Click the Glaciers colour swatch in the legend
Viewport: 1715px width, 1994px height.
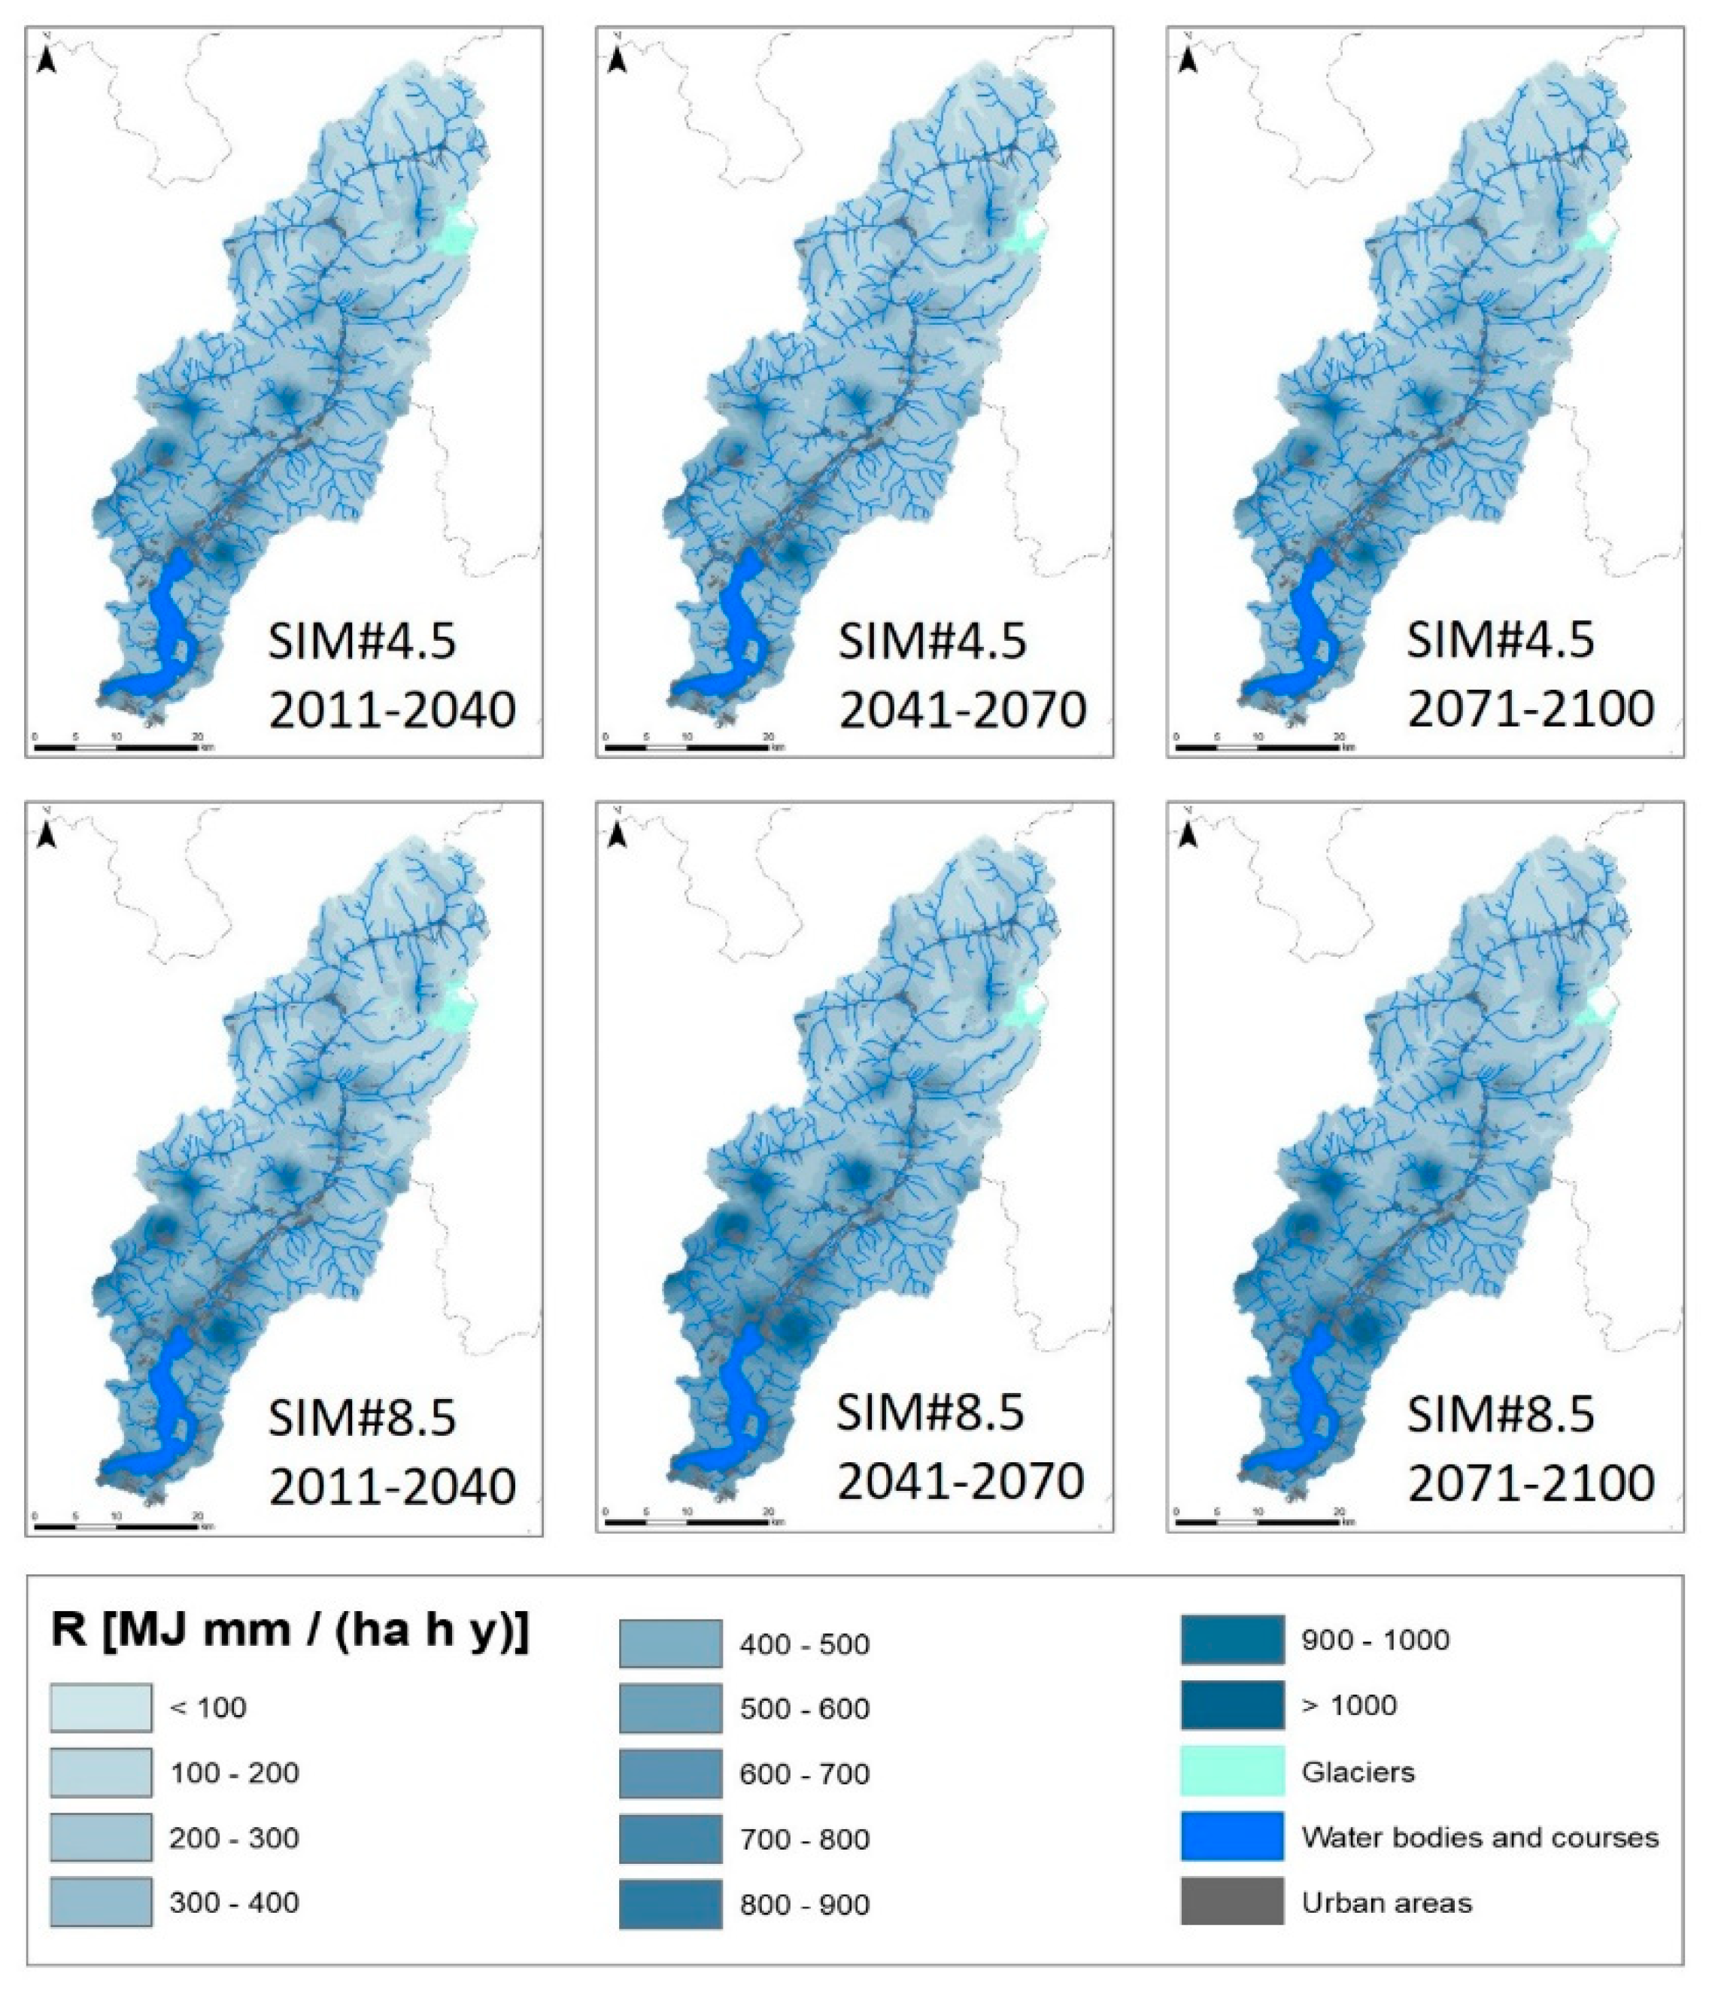pos(1232,1771)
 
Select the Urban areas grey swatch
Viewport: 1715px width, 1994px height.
pos(1232,1901)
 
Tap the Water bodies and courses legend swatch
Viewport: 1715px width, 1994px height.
pos(1232,1836)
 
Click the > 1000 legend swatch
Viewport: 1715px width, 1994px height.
pos(1232,1705)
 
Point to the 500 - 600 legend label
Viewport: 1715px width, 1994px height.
pos(805,1708)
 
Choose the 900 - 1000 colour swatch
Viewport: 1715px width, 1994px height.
pos(1232,1640)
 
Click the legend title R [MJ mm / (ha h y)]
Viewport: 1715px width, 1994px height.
pos(289,1632)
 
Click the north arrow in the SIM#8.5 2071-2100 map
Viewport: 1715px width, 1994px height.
pos(1188,836)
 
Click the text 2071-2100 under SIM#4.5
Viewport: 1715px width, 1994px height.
pos(1530,709)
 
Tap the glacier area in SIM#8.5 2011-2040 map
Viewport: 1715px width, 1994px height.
pos(452,1010)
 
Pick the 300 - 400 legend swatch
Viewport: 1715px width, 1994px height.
pos(101,1901)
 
